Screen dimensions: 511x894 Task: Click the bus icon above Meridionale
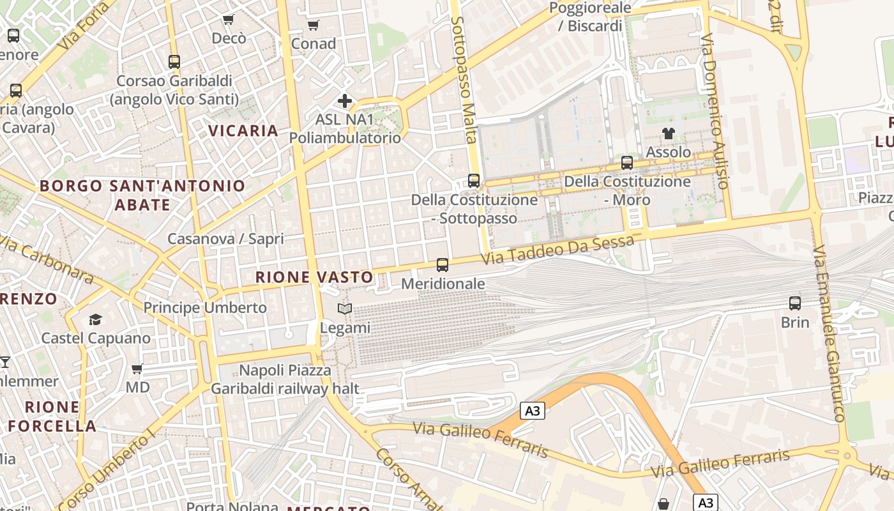point(442,264)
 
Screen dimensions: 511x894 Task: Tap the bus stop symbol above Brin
point(795,303)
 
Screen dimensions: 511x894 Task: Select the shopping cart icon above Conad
point(313,26)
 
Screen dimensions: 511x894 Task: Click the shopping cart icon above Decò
point(229,20)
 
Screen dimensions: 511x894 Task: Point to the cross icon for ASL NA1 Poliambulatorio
point(345,101)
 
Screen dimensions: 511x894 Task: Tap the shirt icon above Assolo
point(669,133)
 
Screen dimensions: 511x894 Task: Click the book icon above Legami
point(345,309)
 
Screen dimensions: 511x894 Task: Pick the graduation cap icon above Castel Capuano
point(95,319)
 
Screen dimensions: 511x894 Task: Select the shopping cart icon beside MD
point(137,369)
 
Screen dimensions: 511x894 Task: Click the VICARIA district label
point(243,131)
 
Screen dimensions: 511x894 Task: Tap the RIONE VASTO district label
point(314,277)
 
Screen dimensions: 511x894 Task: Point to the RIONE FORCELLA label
point(52,416)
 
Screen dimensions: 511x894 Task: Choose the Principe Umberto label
point(205,307)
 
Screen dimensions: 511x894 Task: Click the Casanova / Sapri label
point(225,239)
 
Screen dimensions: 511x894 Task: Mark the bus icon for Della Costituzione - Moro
point(627,163)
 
